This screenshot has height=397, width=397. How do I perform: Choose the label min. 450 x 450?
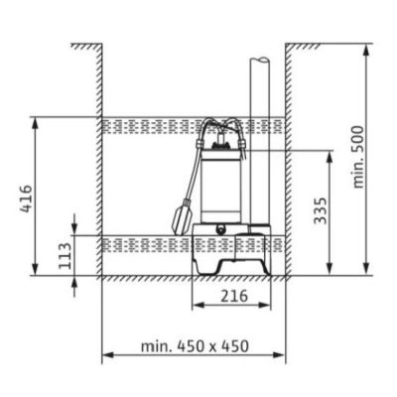pos(194,346)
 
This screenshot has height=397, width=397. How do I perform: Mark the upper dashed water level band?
pos(149,127)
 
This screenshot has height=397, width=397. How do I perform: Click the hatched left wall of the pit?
pos(101,159)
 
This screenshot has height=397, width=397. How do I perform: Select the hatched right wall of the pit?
pos(289,159)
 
